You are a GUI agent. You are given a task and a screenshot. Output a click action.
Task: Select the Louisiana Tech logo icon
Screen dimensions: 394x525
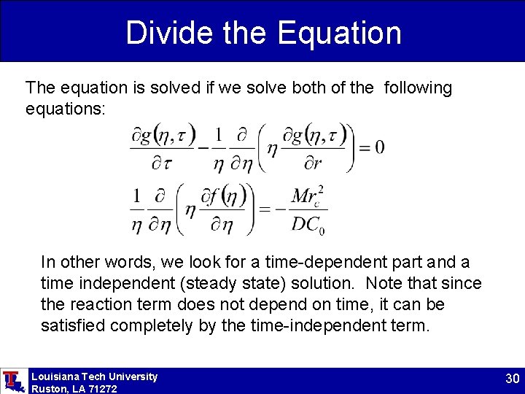click(x=12, y=381)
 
